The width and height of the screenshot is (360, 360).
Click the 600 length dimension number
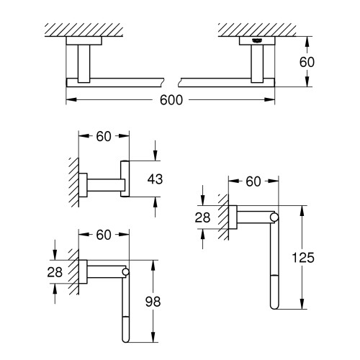[171, 100]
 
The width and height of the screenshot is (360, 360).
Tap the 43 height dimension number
[155, 179]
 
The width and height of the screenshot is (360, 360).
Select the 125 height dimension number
[303, 258]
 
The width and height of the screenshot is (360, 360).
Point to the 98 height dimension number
[153, 302]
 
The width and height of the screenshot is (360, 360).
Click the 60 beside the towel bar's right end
[307, 62]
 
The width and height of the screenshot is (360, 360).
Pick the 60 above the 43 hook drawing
[104, 137]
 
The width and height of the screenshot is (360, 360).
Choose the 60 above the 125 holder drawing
[253, 181]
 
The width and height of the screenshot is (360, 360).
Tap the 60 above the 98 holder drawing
[104, 235]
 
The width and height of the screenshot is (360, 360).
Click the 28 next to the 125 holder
[202, 217]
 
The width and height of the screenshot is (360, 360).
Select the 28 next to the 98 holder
[55, 272]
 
